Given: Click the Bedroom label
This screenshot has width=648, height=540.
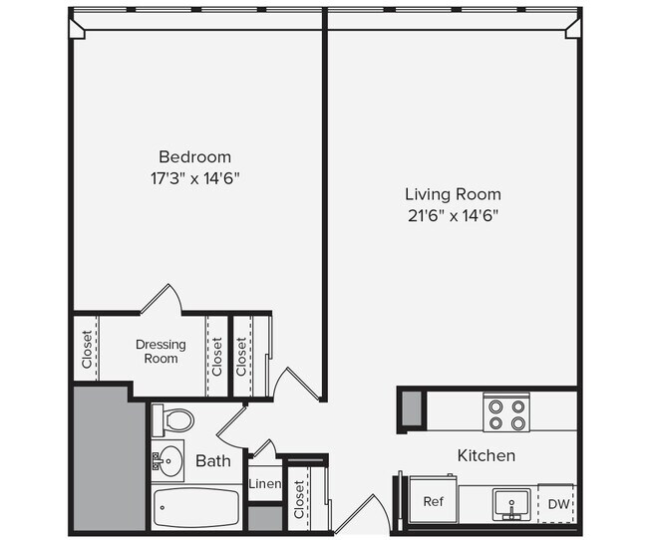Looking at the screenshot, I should [194, 157].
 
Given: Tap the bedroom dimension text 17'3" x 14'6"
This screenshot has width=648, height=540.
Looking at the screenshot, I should [194, 178].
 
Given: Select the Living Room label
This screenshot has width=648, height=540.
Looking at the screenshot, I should [452, 194].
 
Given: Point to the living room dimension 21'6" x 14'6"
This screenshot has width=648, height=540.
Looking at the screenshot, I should [452, 215].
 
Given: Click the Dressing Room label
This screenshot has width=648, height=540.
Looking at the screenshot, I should [161, 351].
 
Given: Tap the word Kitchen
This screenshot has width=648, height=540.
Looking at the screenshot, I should [486, 455].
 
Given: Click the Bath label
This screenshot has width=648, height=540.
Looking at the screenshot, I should [213, 461].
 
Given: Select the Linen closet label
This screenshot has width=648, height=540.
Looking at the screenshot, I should [264, 485].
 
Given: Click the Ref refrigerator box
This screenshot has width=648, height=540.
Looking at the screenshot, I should [434, 501].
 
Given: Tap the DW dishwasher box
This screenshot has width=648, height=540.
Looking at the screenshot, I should [558, 504].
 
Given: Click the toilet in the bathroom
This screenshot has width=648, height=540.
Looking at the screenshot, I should [173, 419].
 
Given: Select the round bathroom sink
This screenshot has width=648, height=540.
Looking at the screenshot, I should [170, 461].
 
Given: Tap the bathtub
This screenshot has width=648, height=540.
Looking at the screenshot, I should [195, 508].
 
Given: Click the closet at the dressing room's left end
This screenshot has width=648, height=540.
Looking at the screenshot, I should [87, 349].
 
